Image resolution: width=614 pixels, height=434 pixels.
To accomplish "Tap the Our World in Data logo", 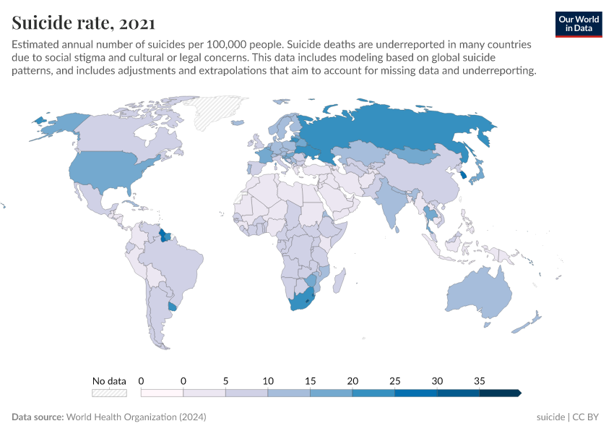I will coord(579,23).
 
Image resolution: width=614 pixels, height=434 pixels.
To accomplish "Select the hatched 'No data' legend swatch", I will coord(109,393).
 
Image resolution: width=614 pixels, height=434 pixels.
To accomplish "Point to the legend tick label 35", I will coord(479,380).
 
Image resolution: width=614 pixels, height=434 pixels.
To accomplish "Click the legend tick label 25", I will coord(394,380).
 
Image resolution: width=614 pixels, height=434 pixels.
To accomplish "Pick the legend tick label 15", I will coord(310,380).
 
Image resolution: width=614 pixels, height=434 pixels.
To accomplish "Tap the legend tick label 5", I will coord(225,380).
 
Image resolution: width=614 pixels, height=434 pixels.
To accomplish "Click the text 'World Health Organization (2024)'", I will coord(136,417).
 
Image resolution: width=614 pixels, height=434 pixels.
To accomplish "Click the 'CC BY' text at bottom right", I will coord(589,417).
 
